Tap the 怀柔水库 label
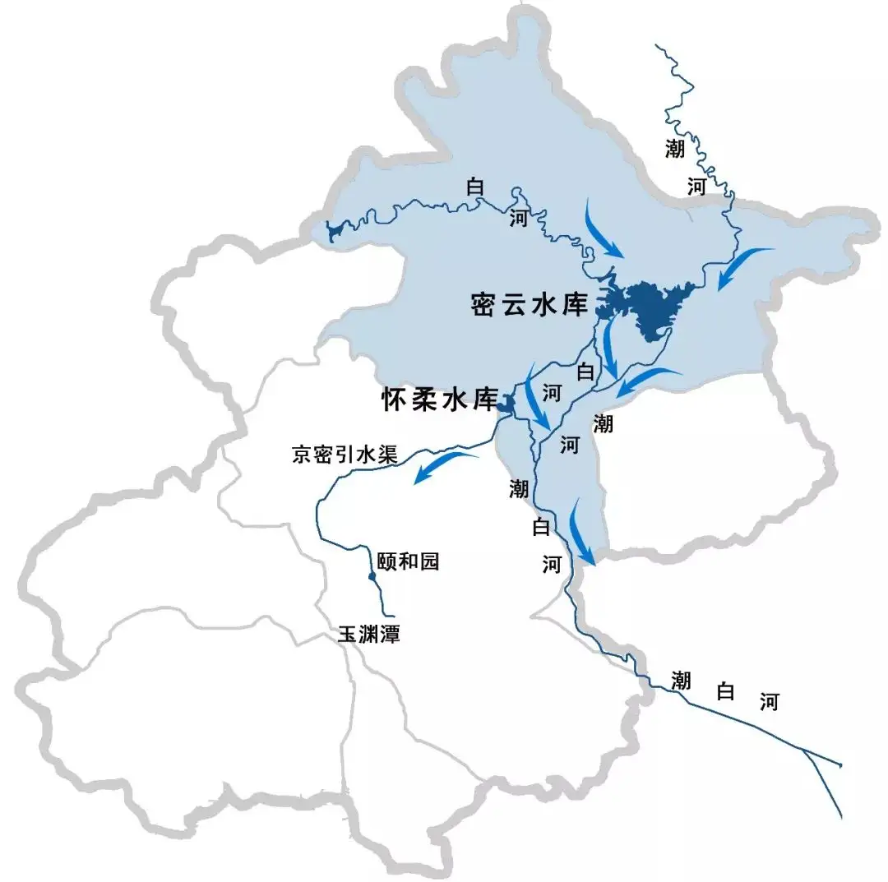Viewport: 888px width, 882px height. point(440,400)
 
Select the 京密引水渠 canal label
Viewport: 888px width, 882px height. point(345,455)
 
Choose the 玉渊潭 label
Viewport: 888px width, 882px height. point(368,635)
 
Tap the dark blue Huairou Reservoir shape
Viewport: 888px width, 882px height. point(508,404)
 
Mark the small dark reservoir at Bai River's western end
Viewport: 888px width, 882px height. point(334,231)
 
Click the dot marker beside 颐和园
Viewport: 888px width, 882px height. point(372,577)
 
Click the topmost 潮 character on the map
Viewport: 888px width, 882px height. point(674,148)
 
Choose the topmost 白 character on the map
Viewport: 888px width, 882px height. point(474,187)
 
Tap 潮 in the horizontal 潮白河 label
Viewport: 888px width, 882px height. point(680,680)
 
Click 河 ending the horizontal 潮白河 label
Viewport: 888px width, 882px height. point(768,702)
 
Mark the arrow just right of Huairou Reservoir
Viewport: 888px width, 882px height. point(537,398)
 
